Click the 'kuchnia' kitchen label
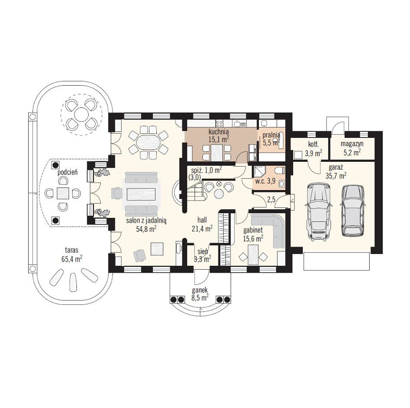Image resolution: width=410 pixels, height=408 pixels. (x=218, y=131)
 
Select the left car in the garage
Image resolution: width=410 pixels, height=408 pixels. (x=319, y=212)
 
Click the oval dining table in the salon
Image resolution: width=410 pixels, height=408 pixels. (x=149, y=142)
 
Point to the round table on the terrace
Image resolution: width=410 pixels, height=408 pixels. (x=81, y=114)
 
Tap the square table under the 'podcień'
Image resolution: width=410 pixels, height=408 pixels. (x=63, y=193)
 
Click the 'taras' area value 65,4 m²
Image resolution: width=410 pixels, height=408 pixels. (x=72, y=259)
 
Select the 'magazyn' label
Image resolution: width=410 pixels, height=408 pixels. (x=352, y=144)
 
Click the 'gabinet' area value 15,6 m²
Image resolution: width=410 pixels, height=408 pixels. (x=253, y=238)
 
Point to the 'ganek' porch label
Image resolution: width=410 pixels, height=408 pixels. (x=200, y=290)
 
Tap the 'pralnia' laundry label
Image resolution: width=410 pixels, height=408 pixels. (x=271, y=135)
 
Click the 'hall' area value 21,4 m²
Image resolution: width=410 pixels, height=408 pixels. (x=202, y=228)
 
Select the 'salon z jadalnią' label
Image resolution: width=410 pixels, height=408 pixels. (x=146, y=221)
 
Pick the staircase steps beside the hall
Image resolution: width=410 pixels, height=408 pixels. (x=195, y=190)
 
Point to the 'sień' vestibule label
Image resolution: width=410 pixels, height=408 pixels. (x=203, y=251)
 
